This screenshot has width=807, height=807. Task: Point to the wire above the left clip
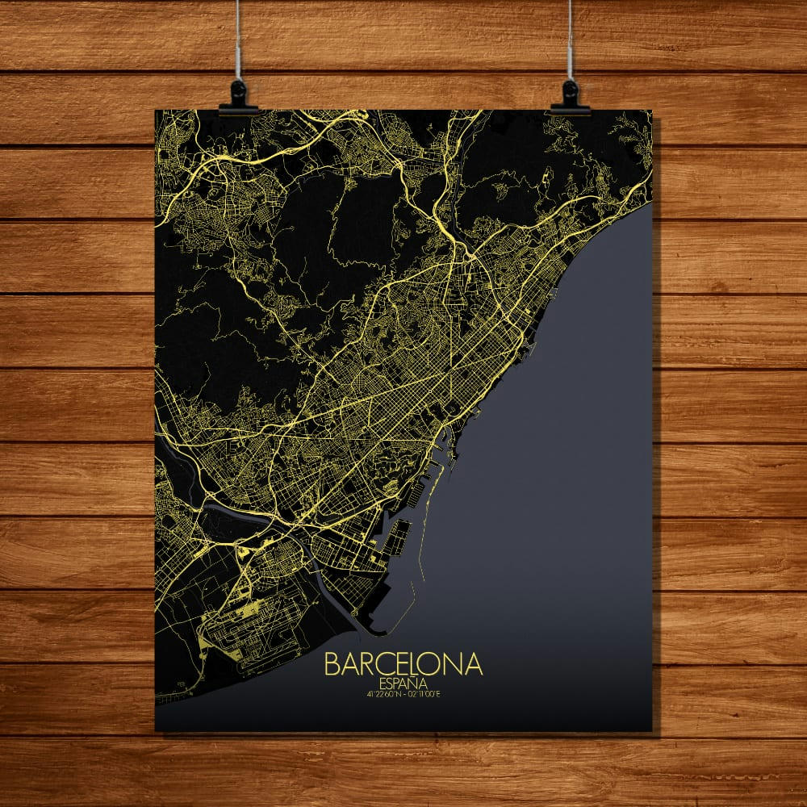click(239, 40)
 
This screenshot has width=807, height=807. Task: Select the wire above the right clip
click(571, 40)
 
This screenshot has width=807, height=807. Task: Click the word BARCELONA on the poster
click(403, 664)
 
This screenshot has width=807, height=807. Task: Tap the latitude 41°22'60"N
click(381, 692)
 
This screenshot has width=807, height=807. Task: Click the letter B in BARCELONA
click(332, 664)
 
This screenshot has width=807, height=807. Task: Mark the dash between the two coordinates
click(403, 692)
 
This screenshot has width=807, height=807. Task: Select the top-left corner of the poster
click(155, 111)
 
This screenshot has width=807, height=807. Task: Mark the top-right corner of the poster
click(652, 111)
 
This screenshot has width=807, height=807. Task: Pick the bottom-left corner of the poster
click(155, 731)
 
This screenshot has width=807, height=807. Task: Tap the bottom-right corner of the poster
click(652, 731)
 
